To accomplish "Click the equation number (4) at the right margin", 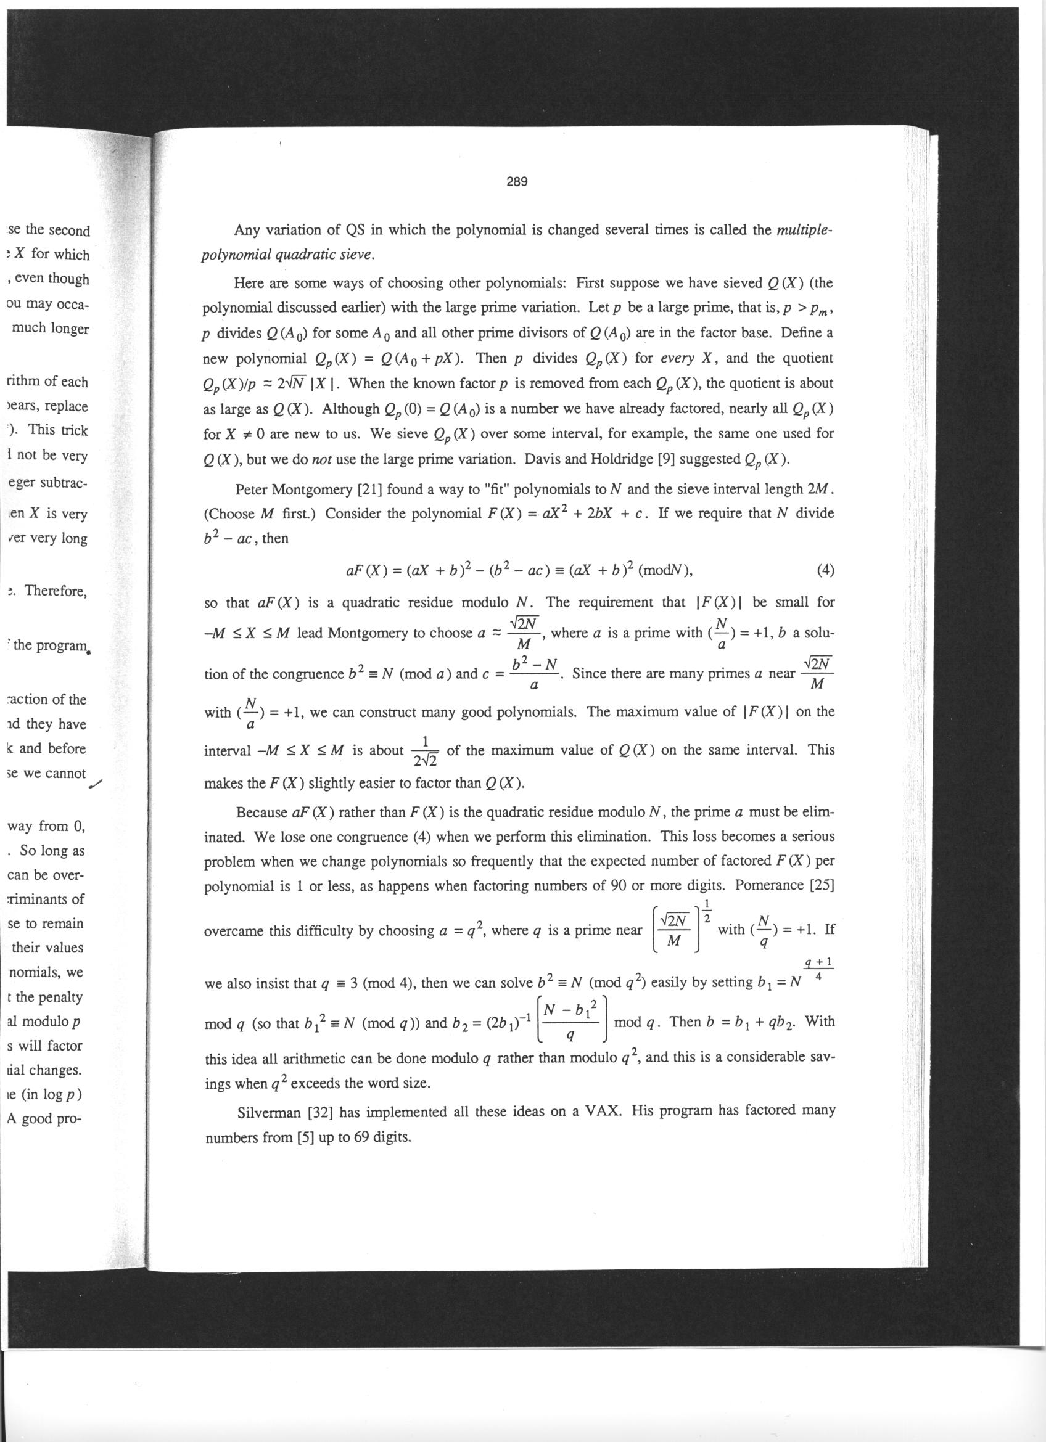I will click(x=824, y=570).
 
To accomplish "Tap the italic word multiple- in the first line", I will click(x=804, y=229).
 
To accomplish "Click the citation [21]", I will click(x=369, y=489).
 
